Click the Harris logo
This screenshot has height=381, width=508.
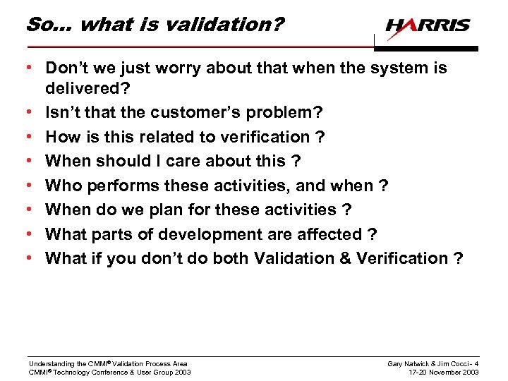428,26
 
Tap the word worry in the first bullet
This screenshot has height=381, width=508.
168,68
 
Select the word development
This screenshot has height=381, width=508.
209,234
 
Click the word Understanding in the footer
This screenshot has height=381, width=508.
49,363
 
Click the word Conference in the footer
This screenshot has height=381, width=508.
102,372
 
